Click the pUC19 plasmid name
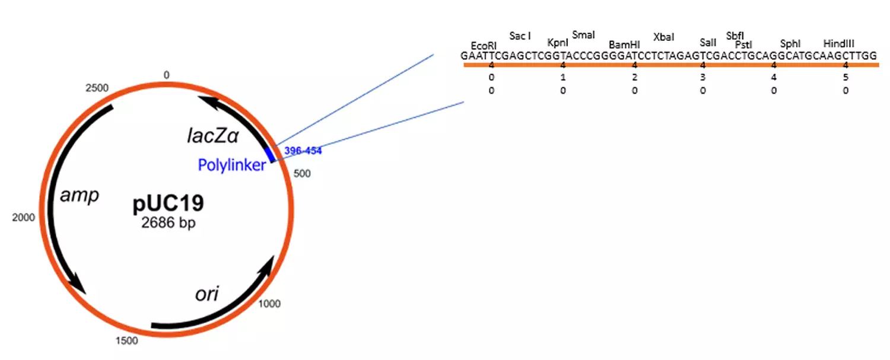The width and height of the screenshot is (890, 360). click(x=169, y=203)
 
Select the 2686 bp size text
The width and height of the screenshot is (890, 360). click(x=169, y=224)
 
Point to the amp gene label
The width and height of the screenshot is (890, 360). click(x=79, y=195)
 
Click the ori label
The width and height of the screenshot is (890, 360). click(x=208, y=294)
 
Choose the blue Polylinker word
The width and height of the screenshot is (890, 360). click(x=232, y=165)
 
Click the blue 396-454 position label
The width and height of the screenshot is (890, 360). click(x=303, y=151)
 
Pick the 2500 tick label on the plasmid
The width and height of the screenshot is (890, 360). click(x=97, y=88)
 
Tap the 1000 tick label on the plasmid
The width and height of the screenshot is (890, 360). click(x=269, y=304)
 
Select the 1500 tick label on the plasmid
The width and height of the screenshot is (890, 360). click(x=126, y=340)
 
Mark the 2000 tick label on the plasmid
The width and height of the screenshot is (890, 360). click(x=24, y=218)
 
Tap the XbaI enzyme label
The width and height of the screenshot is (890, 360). click(x=663, y=37)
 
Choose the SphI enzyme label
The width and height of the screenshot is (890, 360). click(x=790, y=44)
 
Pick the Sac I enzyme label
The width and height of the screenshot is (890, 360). click(x=520, y=36)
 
